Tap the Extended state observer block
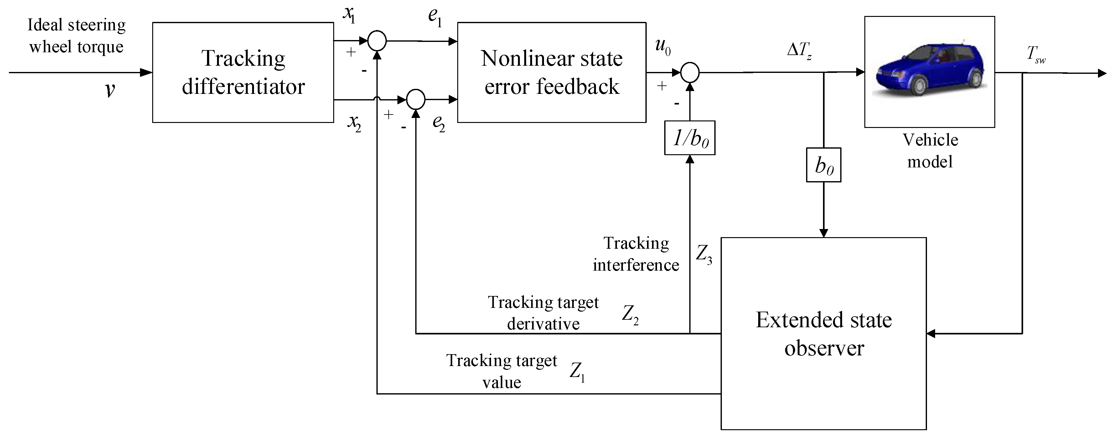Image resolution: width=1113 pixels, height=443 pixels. (824, 333)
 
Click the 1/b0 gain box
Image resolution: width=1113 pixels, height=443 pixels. (690, 138)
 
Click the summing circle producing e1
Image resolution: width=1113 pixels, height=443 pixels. (377, 41)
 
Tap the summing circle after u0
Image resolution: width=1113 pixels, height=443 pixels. (690, 73)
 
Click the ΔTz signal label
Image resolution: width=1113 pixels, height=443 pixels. (799, 51)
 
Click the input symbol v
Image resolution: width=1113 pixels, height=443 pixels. (110, 90)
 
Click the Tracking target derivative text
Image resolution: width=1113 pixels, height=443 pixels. (543, 313)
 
